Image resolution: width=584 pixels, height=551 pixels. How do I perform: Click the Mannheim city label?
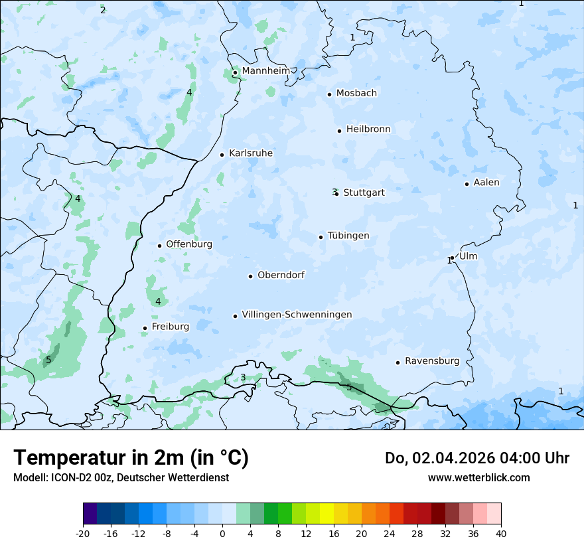[265, 71]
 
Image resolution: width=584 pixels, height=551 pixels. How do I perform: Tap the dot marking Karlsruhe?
[222, 155]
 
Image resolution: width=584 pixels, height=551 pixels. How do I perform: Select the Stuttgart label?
[364, 193]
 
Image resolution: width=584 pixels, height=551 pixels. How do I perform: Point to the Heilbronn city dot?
[339, 131]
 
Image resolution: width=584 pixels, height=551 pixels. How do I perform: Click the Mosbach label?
[356, 94]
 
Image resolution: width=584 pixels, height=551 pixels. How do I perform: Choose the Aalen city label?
[486, 183]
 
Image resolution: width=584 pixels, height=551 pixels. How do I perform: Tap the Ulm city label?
[468, 256]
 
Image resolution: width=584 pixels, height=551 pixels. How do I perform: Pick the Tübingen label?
[348, 236]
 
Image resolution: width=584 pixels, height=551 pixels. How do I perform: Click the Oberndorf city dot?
[251, 276]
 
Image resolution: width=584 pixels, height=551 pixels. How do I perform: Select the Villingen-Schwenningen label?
[297, 315]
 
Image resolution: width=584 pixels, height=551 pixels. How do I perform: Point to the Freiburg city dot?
[145, 328]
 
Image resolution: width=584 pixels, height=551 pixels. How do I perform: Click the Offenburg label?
[189, 244]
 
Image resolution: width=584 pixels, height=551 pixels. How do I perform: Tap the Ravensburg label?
[432, 361]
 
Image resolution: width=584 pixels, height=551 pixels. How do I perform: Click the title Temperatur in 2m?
[131, 457]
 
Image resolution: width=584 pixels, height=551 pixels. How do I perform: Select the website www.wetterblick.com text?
[478, 477]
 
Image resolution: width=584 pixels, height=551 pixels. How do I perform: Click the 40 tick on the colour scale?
[500, 533]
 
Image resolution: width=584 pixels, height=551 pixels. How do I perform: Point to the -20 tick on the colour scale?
[83, 533]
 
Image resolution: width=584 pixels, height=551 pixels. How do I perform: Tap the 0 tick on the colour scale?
[222, 533]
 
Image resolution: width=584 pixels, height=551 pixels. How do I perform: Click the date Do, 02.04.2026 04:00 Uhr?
[476, 458]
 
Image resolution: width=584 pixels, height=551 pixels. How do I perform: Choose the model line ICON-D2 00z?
[121, 477]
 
